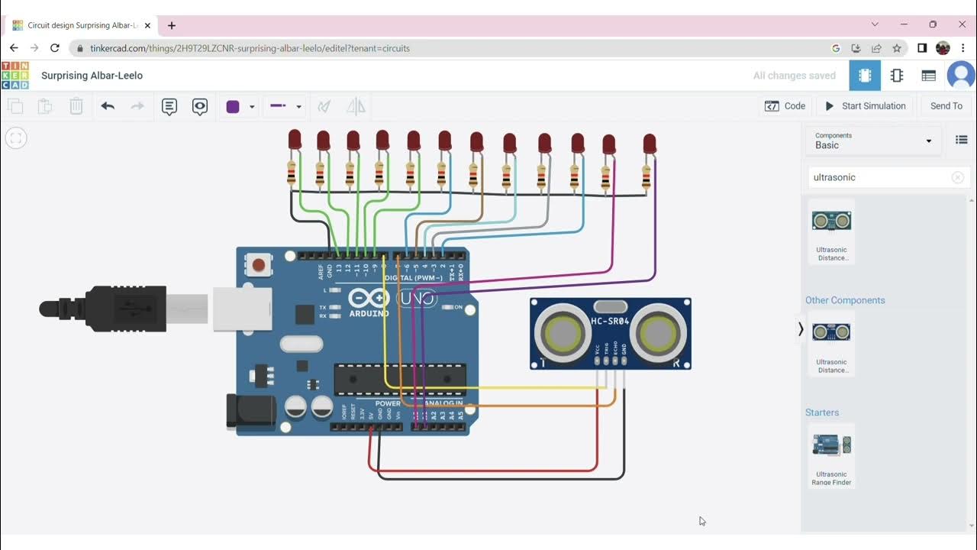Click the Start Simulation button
866,106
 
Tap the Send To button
946,106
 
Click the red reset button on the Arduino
259,265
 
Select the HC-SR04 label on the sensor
610,321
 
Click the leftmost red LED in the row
295,140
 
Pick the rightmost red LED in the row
650,144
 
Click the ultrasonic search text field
878,177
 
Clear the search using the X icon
957,177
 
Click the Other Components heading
845,300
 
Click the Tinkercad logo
15,76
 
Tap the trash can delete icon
76,106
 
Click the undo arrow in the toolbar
108,106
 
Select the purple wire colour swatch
234,107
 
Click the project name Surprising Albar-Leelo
92,76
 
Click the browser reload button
55,47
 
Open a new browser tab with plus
172,25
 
